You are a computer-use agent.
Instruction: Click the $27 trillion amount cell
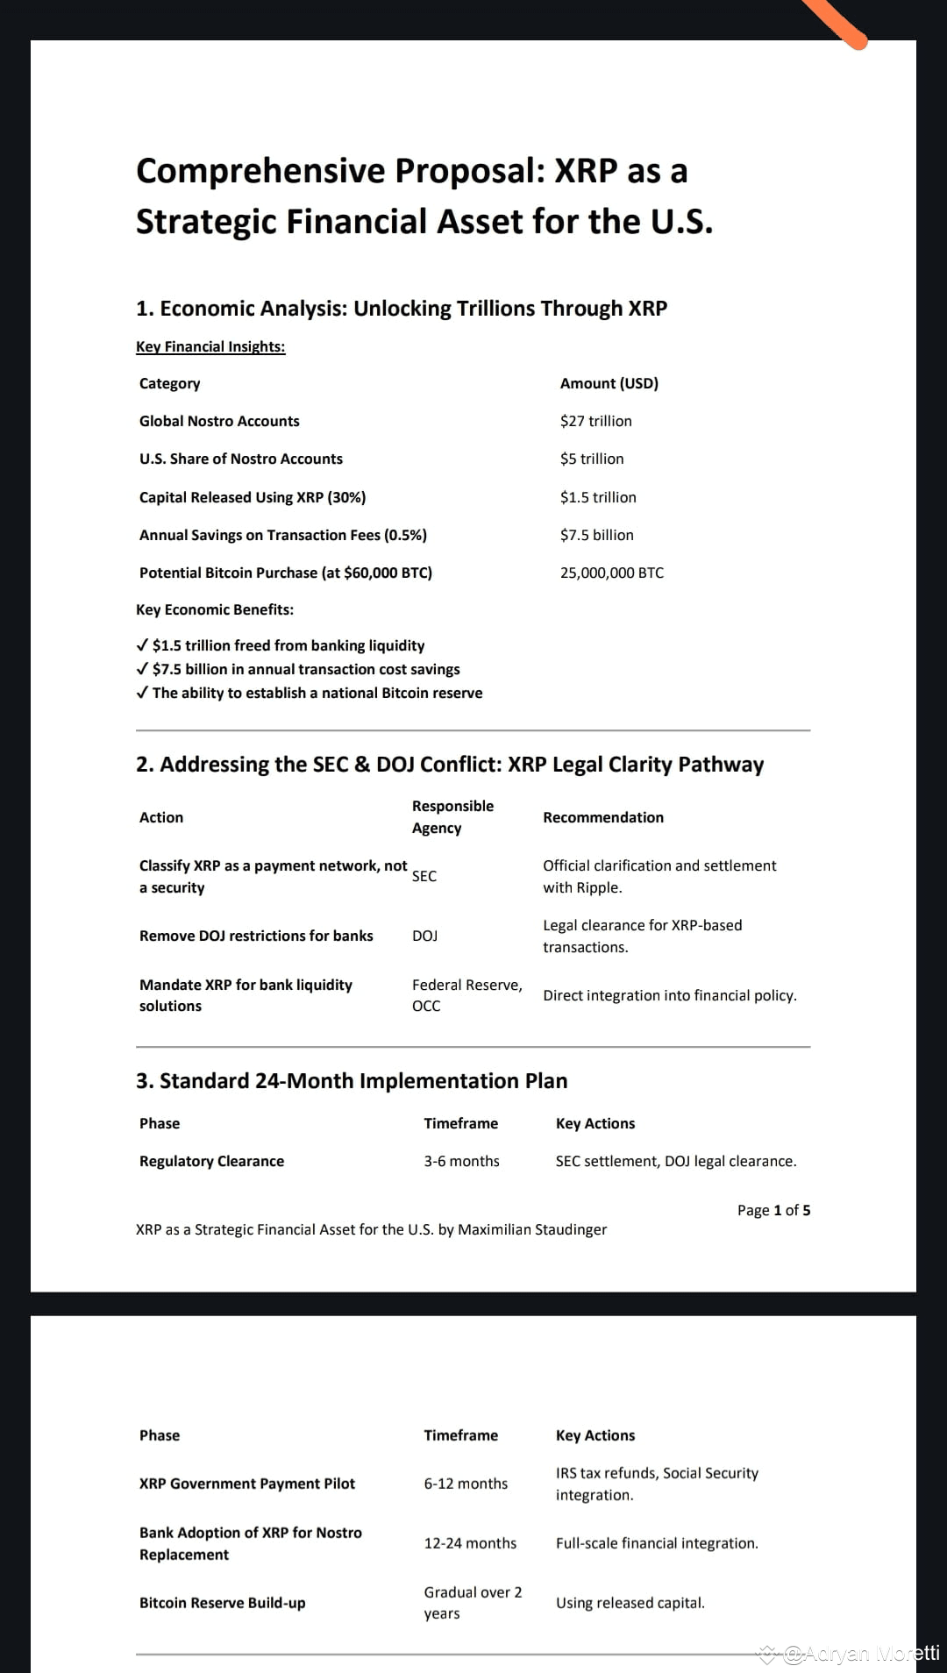point(595,421)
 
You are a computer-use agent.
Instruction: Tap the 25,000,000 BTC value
point(611,573)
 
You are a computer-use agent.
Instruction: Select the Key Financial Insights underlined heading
point(210,346)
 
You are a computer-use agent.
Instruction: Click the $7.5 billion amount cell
point(596,535)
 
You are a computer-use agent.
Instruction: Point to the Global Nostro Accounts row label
point(219,421)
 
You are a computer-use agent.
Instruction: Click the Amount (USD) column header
point(609,383)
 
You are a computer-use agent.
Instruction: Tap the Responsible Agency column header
point(452,816)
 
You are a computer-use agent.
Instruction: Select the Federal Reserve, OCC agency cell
point(466,995)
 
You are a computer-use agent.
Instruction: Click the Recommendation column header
point(603,817)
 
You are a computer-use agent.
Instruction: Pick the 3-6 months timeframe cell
point(461,1161)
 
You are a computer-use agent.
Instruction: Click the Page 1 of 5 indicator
point(773,1210)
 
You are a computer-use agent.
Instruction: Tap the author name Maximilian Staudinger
point(532,1229)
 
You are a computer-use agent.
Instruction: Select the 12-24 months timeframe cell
point(470,1543)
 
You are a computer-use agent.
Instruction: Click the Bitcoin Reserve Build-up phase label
point(223,1603)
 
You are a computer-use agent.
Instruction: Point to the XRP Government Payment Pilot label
point(247,1484)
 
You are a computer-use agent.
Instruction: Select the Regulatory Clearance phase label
point(211,1161)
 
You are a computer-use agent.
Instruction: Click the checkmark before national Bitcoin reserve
point(142,693)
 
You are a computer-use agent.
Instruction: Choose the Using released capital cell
point(630,1603)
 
